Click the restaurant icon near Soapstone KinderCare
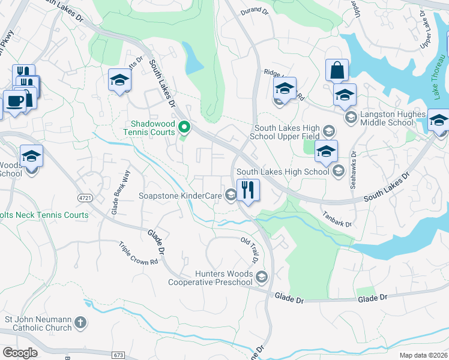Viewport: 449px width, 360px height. coord(247,190)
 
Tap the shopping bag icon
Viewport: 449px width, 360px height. coord(337,70)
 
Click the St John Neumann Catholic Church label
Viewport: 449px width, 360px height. coord(37,323)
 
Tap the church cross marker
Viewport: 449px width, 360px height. coord(80,323)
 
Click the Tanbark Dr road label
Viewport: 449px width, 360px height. coord(336,220)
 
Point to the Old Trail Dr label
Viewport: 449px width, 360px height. coord(250,250)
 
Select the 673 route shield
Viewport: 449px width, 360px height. coord(118,355)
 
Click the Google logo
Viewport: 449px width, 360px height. coord(20,353)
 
